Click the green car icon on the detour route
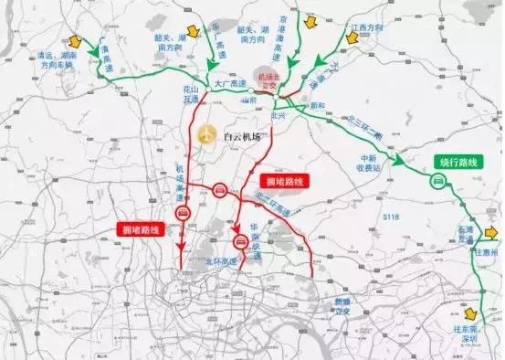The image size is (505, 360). pos(438,181)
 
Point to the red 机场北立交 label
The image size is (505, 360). pos(270,80)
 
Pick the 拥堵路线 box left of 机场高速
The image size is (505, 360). pos(142,229)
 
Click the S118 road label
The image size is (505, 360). pos(392,217)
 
